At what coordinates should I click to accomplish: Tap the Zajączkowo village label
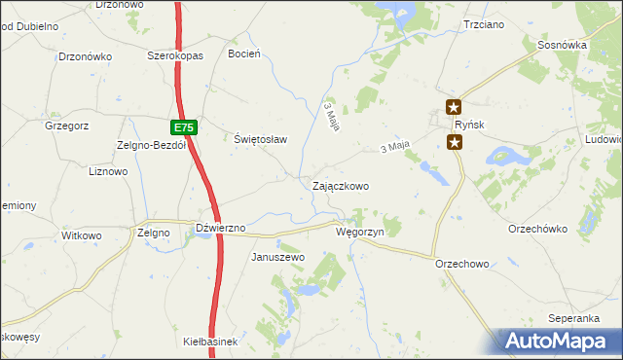(x=340, y=185)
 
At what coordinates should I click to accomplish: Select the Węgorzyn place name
(x=361, y=233)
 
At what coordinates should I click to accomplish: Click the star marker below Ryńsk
(x=455, y=143)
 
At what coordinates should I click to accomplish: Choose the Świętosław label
(x=261, y=139)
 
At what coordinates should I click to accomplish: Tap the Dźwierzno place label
(x=220, y=228)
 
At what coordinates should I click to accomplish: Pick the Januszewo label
(x=278, y=257)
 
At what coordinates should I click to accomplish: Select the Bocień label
(x=243, y=54)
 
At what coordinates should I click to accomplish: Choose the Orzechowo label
(x=462, y=264)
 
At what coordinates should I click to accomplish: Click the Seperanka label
(x=572, y=318)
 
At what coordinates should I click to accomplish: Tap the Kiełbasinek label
(x=210, y=342)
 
